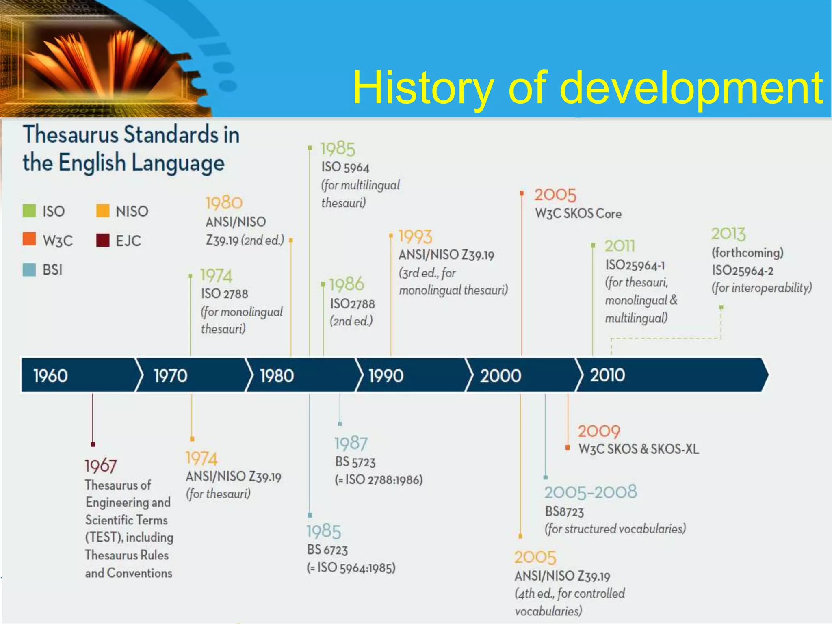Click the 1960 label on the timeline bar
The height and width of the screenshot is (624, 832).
tap(50, 375)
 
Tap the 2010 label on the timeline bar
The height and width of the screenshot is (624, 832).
tap(607, 375)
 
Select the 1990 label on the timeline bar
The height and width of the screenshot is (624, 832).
tap(386, 375)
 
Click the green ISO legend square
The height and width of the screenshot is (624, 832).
tap(29, 211)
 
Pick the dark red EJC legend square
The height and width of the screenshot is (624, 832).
tap(103, 240)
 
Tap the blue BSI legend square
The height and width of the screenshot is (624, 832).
tap(29, 270)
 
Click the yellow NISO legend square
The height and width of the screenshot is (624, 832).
tap(103, 211)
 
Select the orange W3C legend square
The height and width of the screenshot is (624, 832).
tap(29, 239)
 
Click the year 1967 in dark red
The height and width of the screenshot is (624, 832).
tap(101, 466)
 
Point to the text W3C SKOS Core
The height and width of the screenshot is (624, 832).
tap(578, 214)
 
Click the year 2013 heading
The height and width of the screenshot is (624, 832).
tap(728, 234)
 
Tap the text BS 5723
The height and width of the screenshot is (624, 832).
tap(355, 462)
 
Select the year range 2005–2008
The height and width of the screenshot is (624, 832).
tap(590, 492)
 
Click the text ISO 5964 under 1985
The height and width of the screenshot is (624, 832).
tap(345, 167)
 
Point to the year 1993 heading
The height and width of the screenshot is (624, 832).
tap(415, 236)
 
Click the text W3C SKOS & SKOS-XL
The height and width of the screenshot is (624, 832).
tap(638, 449)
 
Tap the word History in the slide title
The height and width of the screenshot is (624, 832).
tap(422, 88)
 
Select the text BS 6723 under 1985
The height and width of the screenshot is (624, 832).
tap(327, 550)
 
